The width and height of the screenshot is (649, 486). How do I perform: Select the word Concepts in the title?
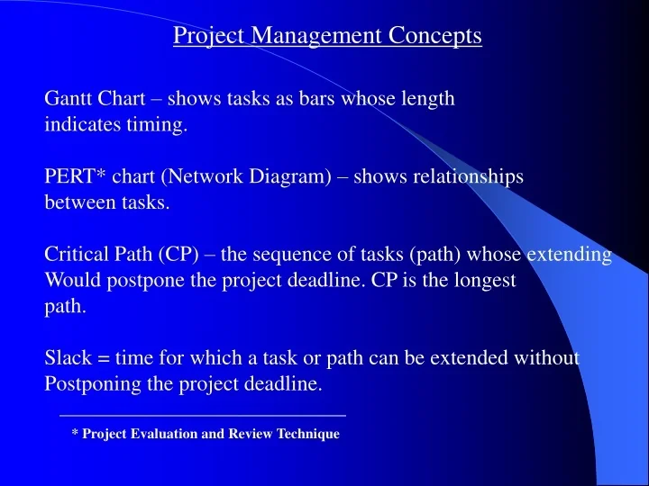pos(435,36)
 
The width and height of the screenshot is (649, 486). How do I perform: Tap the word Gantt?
pos(69,99)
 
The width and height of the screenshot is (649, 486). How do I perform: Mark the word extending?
pos(569,255)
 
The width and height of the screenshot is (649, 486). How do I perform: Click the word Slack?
pos(69,358)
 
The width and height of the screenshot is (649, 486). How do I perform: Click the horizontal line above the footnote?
pos(202,415)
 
